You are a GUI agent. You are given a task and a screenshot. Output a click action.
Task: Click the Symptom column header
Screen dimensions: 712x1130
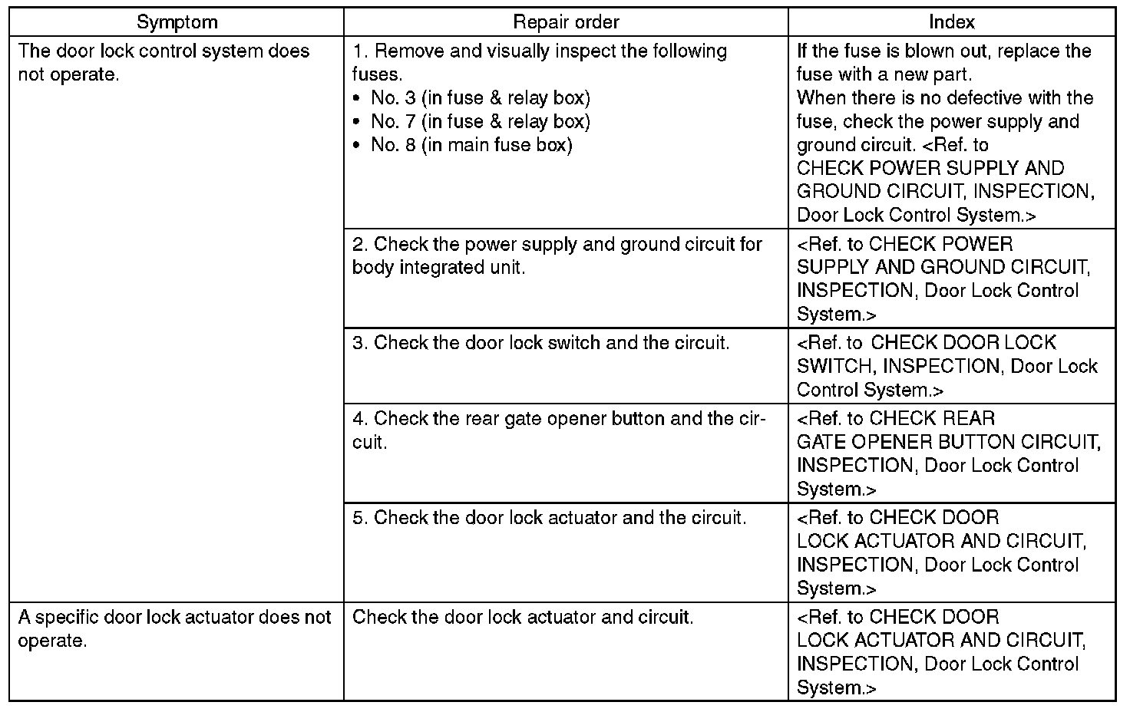pyautogui.click(x=177, y=22)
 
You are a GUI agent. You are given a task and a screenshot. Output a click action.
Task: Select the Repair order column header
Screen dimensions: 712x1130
pyautogui.click(x=566, y=22)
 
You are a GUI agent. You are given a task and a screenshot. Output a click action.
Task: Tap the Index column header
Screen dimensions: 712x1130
pyautogui.click(x=951, y=22)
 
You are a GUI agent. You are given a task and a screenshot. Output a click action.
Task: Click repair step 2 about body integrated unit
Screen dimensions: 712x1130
pyautogui.click(x=557, y=255)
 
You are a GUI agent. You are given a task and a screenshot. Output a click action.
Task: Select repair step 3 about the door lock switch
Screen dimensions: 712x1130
pyautogui.click(x=540, y=343)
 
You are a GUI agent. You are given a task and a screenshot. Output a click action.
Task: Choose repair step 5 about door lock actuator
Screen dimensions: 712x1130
pyautogui.click(x=549, y=518)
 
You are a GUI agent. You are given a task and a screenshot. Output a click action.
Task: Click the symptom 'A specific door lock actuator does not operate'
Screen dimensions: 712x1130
pyautogui.click(x=174, y=628)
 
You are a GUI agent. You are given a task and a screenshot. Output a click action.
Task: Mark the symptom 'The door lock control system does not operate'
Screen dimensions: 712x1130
pyautogui.click(x=164, y=62)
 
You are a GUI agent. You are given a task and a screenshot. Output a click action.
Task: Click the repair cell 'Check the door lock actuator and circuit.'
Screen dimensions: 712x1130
pyautogui.click(x=523, y=618)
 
